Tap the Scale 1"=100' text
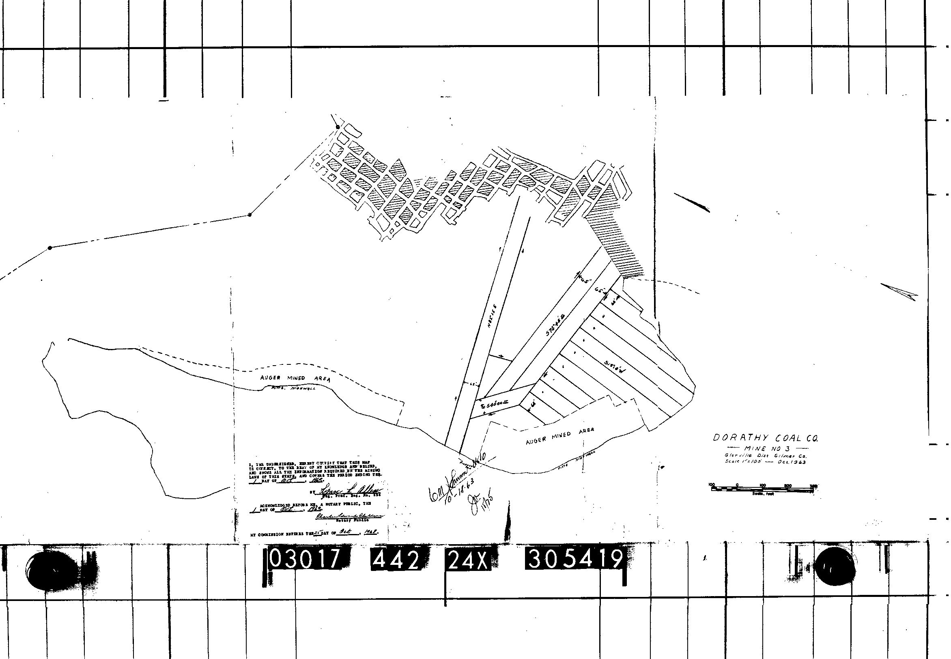[740, 461]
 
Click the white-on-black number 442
[395, 560]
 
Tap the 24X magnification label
[467, 561]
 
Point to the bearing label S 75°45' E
[555, 325]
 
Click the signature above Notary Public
[349, 516]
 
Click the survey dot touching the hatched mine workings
[338, 127]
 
